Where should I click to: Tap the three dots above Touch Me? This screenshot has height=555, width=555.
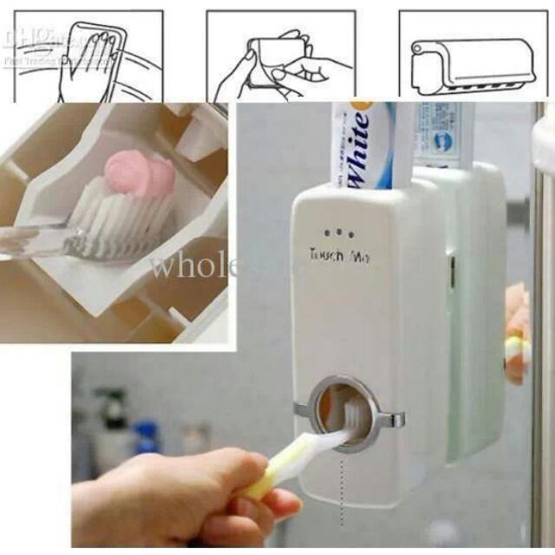[x=337, y=233]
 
